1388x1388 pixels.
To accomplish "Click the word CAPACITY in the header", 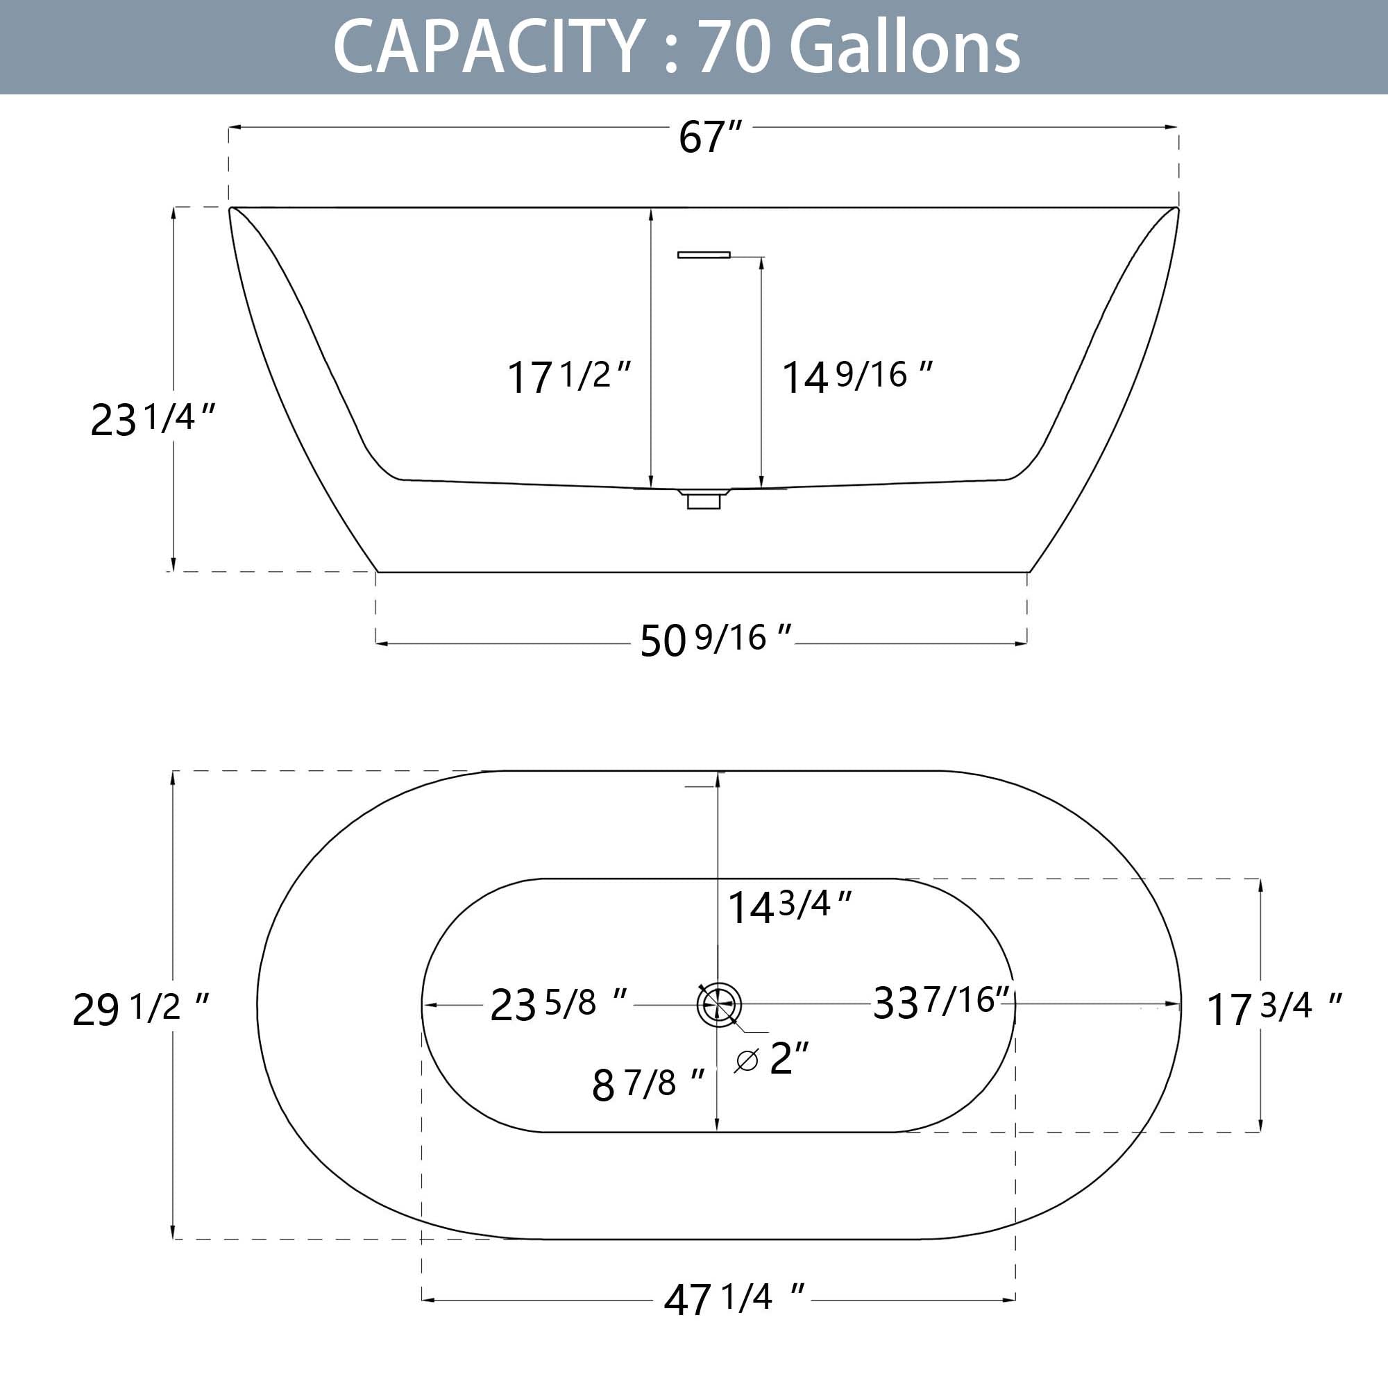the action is point(488,46).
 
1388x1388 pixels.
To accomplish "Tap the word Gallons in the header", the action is point(904,46).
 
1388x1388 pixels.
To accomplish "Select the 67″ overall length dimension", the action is point(710,137).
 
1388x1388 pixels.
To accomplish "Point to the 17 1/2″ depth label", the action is point(569,375).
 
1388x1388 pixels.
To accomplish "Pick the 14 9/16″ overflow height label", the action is point(857,375).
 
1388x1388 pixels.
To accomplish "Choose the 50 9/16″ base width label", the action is point(716,639).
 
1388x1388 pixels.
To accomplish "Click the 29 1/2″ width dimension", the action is point(141,1008).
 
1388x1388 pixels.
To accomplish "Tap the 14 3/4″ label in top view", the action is point(790,905).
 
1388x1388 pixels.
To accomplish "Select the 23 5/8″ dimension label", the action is point(559,1004).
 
